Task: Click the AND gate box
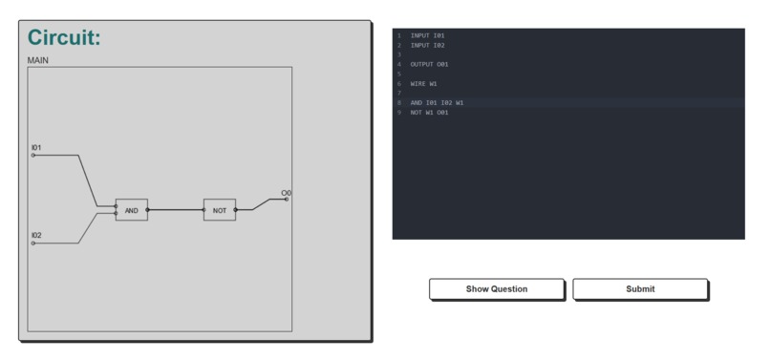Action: point(132,210)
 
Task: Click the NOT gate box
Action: point(219,210)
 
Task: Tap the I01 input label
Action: point(36,148)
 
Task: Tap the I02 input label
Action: point(36,235)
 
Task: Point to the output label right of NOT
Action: point(286,194)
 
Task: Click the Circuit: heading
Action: point(64,38)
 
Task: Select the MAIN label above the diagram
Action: point(38,60)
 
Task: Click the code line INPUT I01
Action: point(427,35)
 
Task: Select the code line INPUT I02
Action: point(427,45)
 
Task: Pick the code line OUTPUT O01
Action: point(429,64)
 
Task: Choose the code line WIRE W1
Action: point(423,83)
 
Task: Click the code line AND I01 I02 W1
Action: point(437,102)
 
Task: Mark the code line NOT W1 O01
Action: point(429,112)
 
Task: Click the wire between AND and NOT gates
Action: point(176,210)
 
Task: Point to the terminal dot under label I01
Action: point(33,156)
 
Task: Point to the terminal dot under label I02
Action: point(33,244)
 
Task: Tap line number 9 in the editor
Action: point(399,112)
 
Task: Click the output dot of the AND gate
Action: point(148,210)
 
